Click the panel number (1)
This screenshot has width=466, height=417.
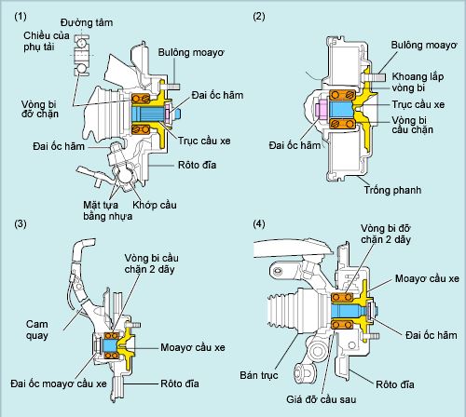tap(21, 16)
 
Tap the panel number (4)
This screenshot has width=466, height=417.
tap(259, 223)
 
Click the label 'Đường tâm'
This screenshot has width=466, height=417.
tap(87, 22)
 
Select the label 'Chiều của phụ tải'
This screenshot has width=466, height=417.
tap(47, 41)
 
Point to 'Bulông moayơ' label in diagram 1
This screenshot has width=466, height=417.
tap(191, 52)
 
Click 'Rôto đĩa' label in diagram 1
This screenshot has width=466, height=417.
tap(197, 165)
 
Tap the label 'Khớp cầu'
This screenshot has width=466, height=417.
tap(155, 205)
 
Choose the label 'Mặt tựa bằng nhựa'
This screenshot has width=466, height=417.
tap(107, 210)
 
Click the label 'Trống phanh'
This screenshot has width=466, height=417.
tap(392, 190)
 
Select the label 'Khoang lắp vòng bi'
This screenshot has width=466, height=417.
tap(418, 82)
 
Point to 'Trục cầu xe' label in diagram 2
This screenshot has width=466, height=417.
tap(418, 104)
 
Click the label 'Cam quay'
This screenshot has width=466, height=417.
tap(37, 330)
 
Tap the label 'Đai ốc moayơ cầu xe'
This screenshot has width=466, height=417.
tap(59, 383)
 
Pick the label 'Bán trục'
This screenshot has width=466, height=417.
tap(259, 375)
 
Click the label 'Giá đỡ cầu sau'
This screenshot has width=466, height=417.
tap(322, 399)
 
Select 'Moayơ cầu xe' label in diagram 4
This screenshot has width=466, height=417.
tap(427, 278)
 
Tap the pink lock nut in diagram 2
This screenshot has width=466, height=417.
tap(321, 109)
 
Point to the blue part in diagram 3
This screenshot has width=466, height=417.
tap(110, 345)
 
